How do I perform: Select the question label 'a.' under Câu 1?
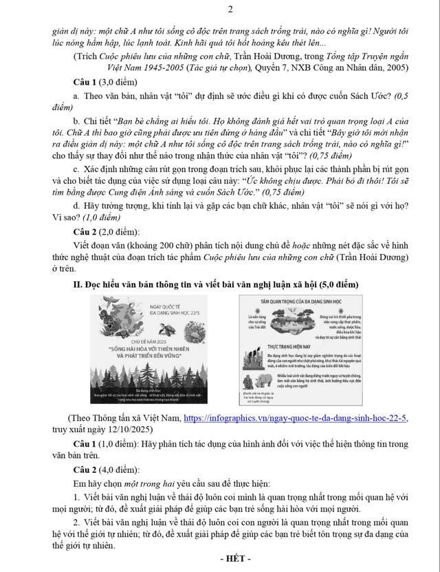click(x=76, y=96)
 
